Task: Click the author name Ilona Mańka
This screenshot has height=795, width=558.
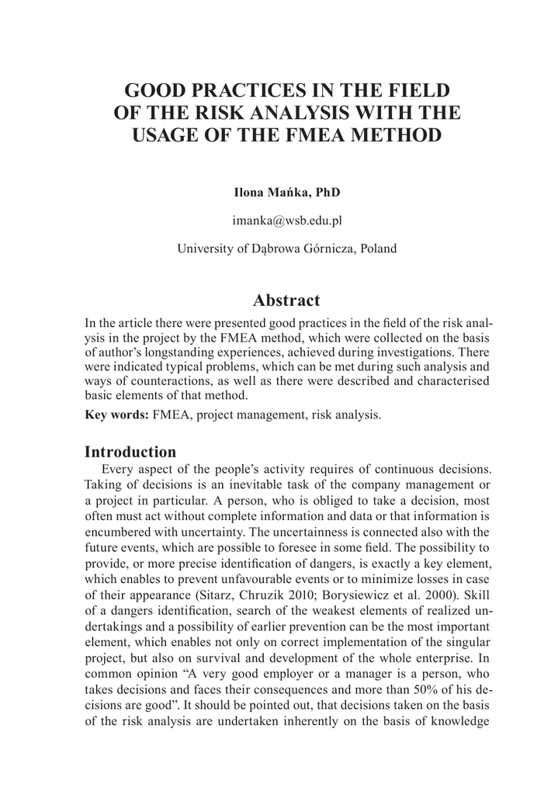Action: (261, 193)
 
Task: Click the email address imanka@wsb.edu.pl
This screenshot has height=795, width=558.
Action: (287, 220)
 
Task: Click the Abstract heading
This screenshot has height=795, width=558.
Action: (286, 300)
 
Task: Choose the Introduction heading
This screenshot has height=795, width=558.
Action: (130, 452)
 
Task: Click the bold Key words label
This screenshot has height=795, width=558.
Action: (116, 414)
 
